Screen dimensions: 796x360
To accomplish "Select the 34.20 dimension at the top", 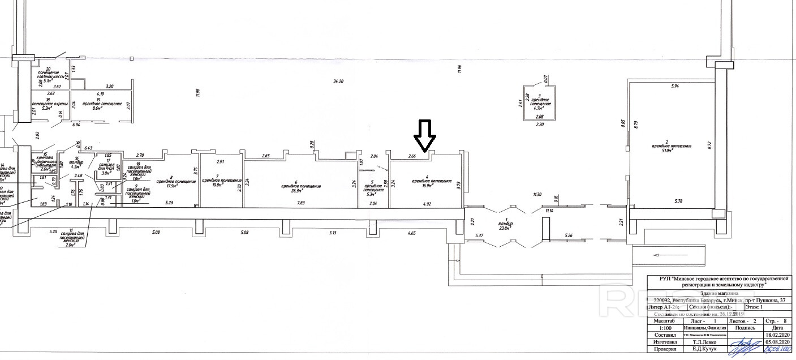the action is [x=338, y=82].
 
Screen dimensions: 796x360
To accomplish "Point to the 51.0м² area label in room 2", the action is [x=670, y=151].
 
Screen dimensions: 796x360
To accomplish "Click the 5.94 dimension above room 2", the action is [x=674, y=86].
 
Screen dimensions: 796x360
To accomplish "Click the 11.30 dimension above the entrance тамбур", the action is [x=537, y=195].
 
